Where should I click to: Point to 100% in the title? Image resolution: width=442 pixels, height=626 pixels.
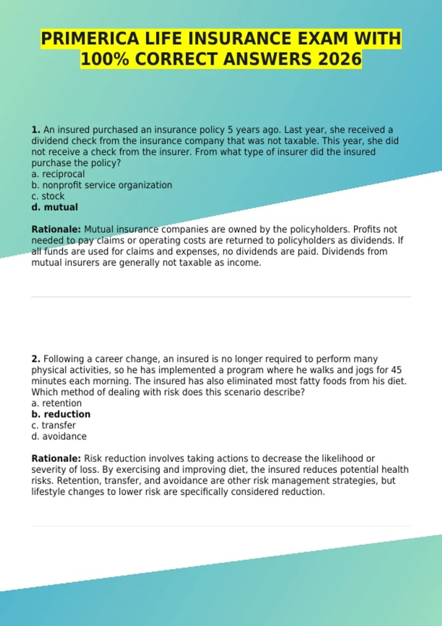coord(105,59)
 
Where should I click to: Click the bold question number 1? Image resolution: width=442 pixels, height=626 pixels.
coord(35,130)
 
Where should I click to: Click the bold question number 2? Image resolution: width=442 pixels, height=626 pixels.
coord(35,359)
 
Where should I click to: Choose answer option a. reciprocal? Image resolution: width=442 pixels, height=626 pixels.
coord(58,174)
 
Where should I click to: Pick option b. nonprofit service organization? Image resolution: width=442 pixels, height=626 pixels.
coord(102,185)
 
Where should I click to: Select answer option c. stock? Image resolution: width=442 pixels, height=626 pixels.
coord(48,196)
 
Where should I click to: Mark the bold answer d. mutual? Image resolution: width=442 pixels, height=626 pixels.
coord(55,207)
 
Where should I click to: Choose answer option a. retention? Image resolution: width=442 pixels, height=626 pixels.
coord(56,403)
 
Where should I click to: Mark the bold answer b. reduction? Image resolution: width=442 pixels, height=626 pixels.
coord(61,414)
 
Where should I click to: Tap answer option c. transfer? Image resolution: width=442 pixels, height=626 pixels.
coord(53,425)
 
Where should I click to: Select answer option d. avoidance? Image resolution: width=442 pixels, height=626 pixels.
coord(59,436)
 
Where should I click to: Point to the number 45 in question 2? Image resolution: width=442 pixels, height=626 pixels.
coord(396,370)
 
